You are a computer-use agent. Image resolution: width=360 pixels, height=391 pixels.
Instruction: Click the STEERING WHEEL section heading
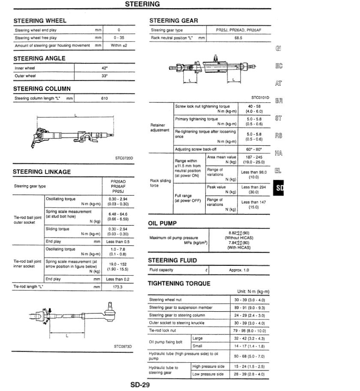(x=40, y=21)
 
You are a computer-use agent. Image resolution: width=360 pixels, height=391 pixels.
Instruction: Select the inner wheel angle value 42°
(x=104, y=68)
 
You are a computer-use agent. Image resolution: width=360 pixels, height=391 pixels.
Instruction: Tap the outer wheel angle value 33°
(x=104, y=76)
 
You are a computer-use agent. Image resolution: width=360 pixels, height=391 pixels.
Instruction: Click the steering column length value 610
(x=104, y=98)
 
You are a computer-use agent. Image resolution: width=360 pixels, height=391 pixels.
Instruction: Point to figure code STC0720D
(x=124, y=158)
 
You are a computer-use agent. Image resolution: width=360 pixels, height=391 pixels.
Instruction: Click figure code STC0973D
(x=123, y=346)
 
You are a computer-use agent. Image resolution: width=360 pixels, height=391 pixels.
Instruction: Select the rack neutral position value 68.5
(x=238, y=38)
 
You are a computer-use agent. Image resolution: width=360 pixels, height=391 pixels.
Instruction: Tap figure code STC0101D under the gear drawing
(x=260, y=98)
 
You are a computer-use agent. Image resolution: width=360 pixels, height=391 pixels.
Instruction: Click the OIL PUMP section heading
(x=162, y=223)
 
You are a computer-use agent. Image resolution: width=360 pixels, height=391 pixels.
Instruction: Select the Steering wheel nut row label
(x=165, y=300)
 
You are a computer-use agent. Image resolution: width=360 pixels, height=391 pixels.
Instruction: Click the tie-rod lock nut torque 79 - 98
(x=249, y=331)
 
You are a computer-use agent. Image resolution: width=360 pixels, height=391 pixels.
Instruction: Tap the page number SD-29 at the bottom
(x=140, y=385)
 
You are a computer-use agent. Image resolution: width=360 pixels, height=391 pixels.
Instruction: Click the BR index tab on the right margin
(x=279, y=101)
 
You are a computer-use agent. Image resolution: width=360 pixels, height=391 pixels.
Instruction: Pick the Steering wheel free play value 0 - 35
(x=118, y=38)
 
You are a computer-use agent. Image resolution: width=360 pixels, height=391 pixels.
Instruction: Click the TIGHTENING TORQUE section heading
(x=179, y=283)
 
